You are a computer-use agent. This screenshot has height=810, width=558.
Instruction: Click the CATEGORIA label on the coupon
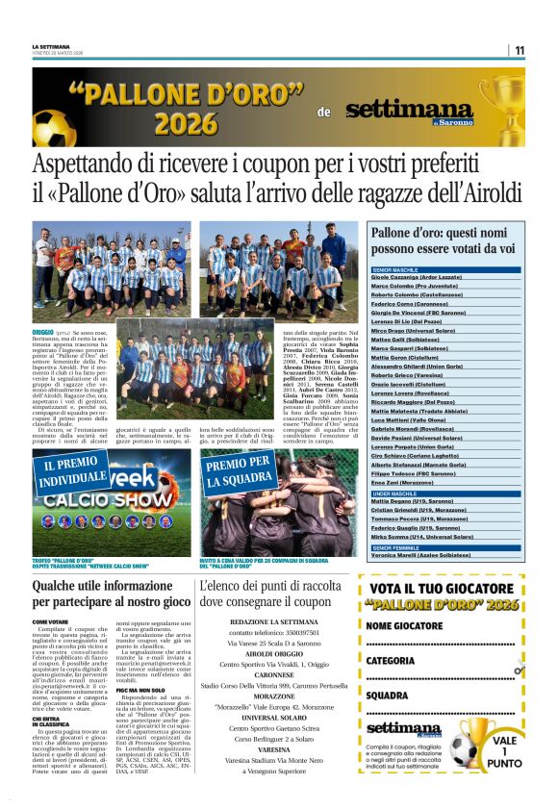pyautogui.click(x=391, y=661)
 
